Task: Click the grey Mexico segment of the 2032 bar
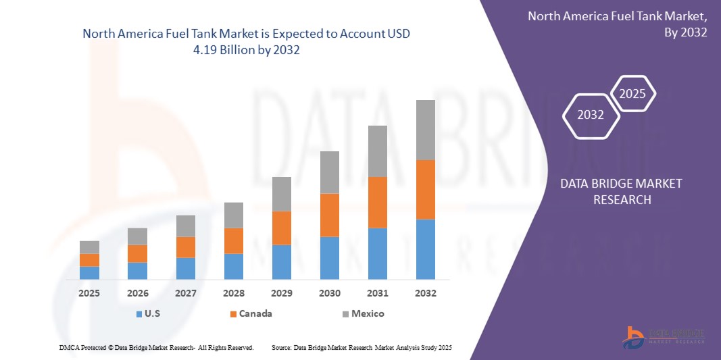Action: pyautogui.click(x=425, y=130)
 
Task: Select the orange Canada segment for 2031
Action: pyautogui.click(x=377, y=202)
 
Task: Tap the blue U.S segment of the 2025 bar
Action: pyautogui.click(x=89, y=272)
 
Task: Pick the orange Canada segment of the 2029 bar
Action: pyautogui.click(x=281, y=228)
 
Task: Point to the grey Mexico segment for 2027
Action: pyautogui.click(x=185, y=226)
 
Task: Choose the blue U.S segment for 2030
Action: pyautogui.click(x=329, y=257)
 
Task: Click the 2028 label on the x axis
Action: pyautogui.click(x=233, y=293)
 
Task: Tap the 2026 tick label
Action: pyautogui.click(x=137, y=293)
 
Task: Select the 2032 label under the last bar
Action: pyautogui.click(x=425, y=293)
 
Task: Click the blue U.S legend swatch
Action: pyautogui.click(x=139, y=314)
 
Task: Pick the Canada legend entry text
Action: pyautogui.click(x=256, y=313)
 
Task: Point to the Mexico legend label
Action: pyautogui.click(x=368, y=313)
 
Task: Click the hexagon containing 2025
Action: pyautogui.click(x=632, y=94)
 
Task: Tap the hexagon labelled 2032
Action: pyautogui.click(x=591, y=115)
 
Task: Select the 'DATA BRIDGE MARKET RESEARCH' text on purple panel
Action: pyautogui.click(x=622, y=191)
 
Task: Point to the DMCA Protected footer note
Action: pyautogui.click(x=156, y=347)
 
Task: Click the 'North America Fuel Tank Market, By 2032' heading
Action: pyautogui.click(x=617, y=24)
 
